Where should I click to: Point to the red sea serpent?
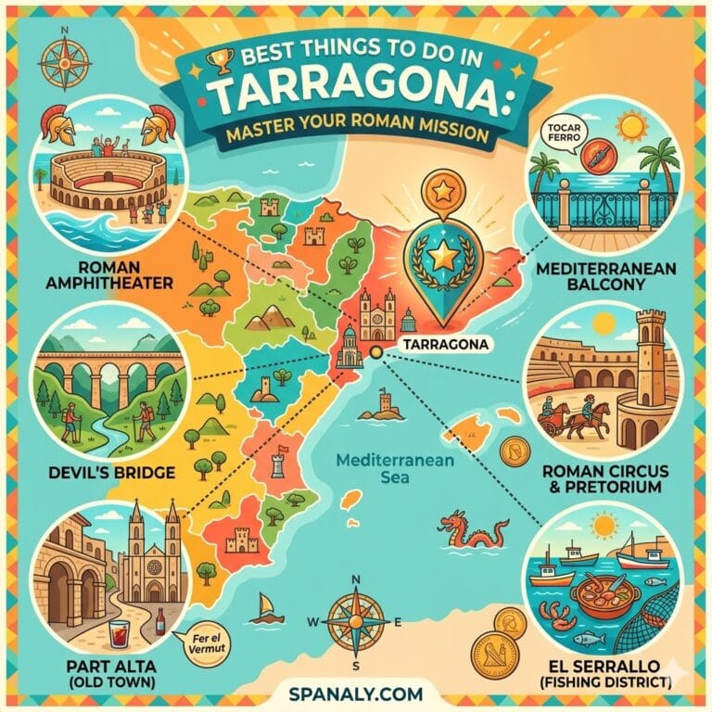click(475, 531)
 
